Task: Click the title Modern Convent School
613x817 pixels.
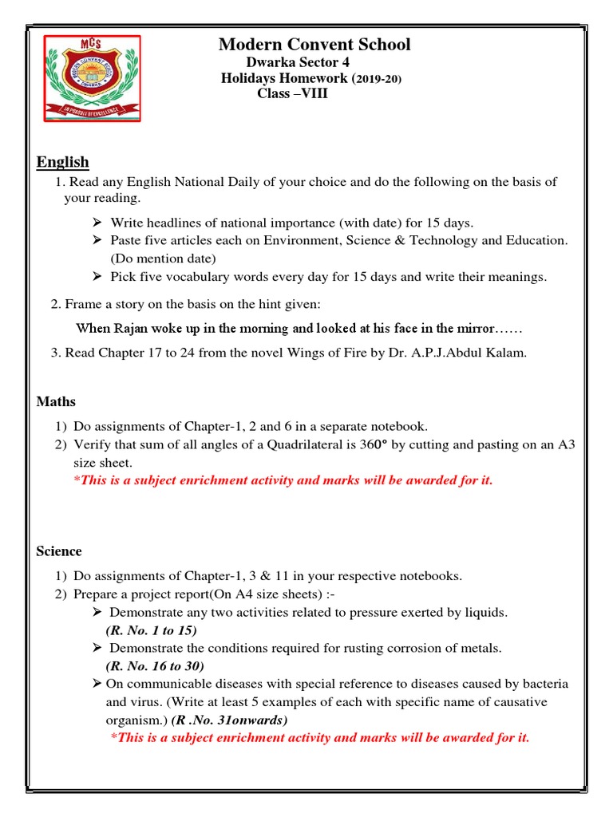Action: pos(314,45)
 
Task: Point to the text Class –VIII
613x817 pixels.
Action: pos(292,94)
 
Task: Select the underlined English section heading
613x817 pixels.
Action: pos(62,163)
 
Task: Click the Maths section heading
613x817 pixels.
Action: pos(56,401)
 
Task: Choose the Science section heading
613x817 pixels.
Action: pos(59,551)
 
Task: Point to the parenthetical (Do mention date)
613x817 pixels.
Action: pos(163,259)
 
